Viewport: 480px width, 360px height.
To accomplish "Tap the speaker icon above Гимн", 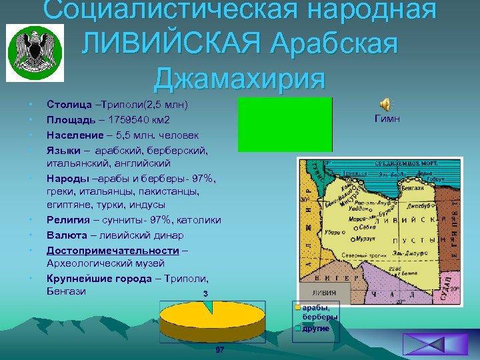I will point(386,103).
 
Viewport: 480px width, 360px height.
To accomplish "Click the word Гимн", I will point(387,118).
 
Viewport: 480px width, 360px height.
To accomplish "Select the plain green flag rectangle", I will point(285,124).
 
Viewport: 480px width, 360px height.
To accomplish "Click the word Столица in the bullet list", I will point(69,105).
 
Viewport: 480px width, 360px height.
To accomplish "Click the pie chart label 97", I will point(220,351).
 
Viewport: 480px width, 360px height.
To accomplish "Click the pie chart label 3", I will point(206,293).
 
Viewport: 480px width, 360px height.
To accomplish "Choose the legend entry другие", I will point(316,329).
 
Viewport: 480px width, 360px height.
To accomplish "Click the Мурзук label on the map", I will point(366,238).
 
